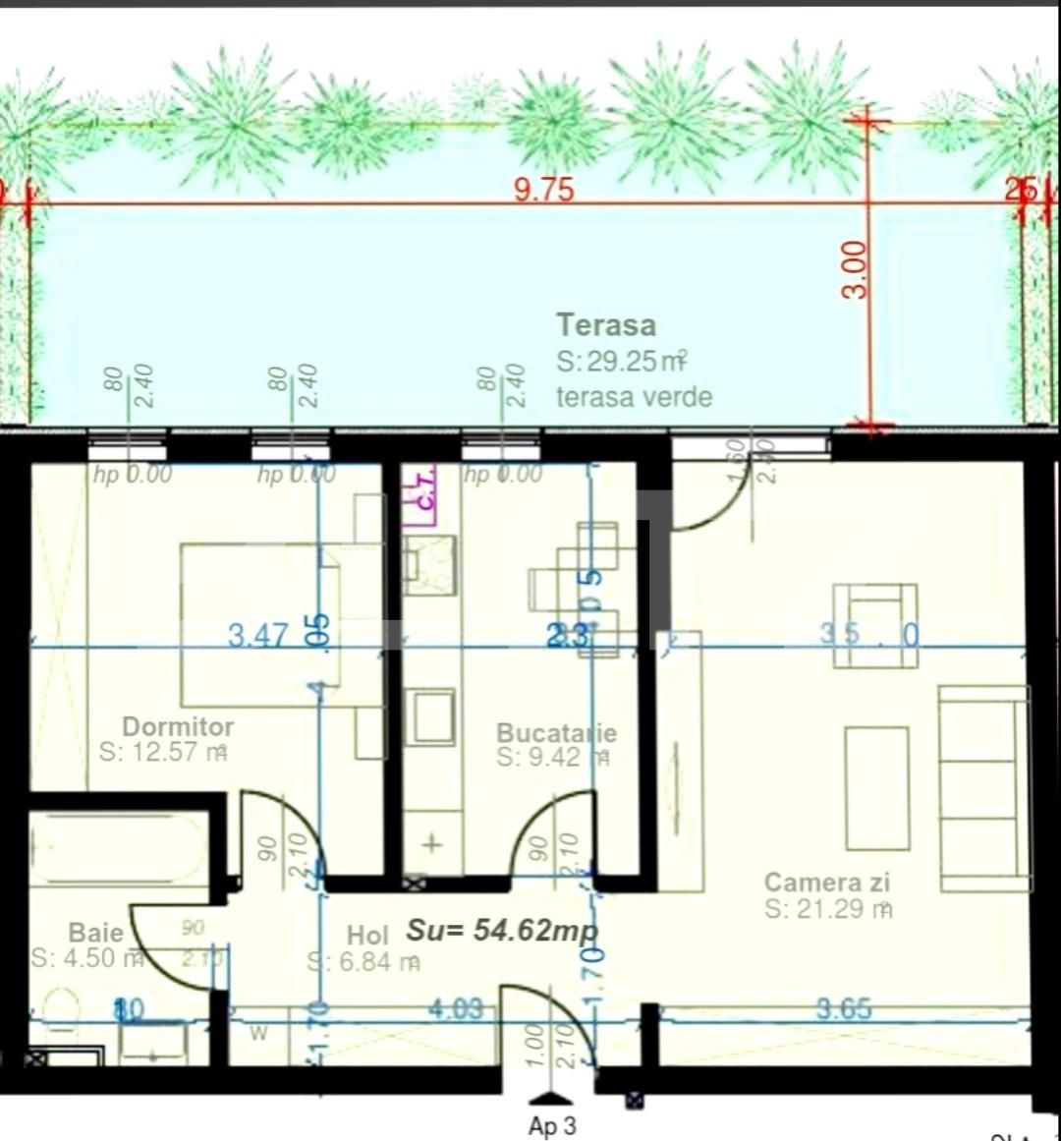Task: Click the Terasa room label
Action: click(605, 325)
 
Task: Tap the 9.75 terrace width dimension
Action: click(543, 189)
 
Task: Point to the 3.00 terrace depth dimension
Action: click(856, 269)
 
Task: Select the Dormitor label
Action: click(178, 726)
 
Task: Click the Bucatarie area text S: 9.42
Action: click(552, 758)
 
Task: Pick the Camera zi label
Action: click(826, 882)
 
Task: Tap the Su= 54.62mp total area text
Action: click(502, 930)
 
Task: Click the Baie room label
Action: click(95, 932)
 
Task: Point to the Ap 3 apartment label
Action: click(551, 1125)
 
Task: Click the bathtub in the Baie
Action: click(118, 847)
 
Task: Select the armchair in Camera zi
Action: click(874, 625)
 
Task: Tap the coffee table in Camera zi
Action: click(876, 788)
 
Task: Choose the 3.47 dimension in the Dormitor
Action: click(257, 636)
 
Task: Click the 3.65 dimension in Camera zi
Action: click(843, 1008)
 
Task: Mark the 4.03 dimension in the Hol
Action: click(455, 1008)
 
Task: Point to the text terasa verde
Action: click(634, 397)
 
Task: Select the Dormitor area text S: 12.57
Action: click(163, 753)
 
